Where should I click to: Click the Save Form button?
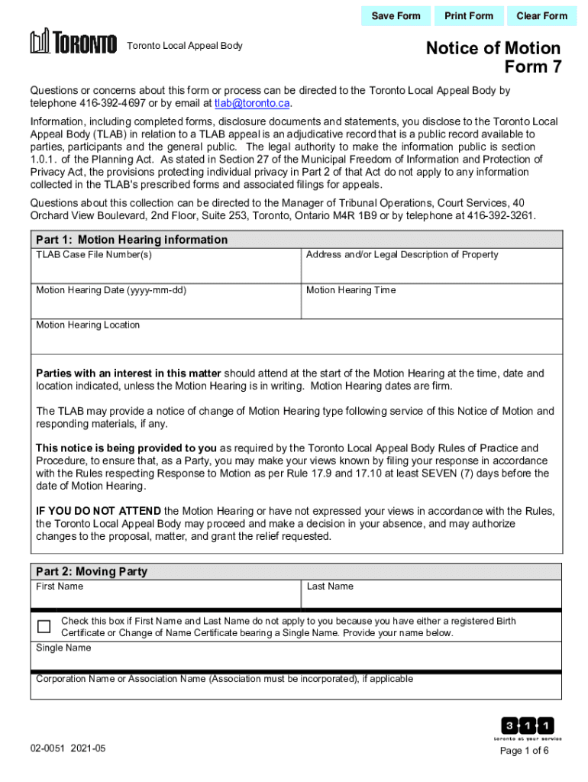(x=396, y=16)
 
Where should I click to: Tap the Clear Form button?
(x=541, y=16)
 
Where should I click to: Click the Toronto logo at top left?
(x=73, y=43)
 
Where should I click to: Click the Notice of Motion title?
(x=493, y=49)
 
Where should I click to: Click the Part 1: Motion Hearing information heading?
(x=131, y=240)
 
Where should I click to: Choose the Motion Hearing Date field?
(x=166, y=305)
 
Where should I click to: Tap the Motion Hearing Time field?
(x=431, y=305)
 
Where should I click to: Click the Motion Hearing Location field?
(x=296, y=341)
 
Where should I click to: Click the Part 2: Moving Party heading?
(x=92, y=572)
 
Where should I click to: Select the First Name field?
(x=166, y=596)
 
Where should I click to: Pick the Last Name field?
(x=431, y=596)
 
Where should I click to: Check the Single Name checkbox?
(x=44, y=627)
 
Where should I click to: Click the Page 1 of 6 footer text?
(x=524, y=751)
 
